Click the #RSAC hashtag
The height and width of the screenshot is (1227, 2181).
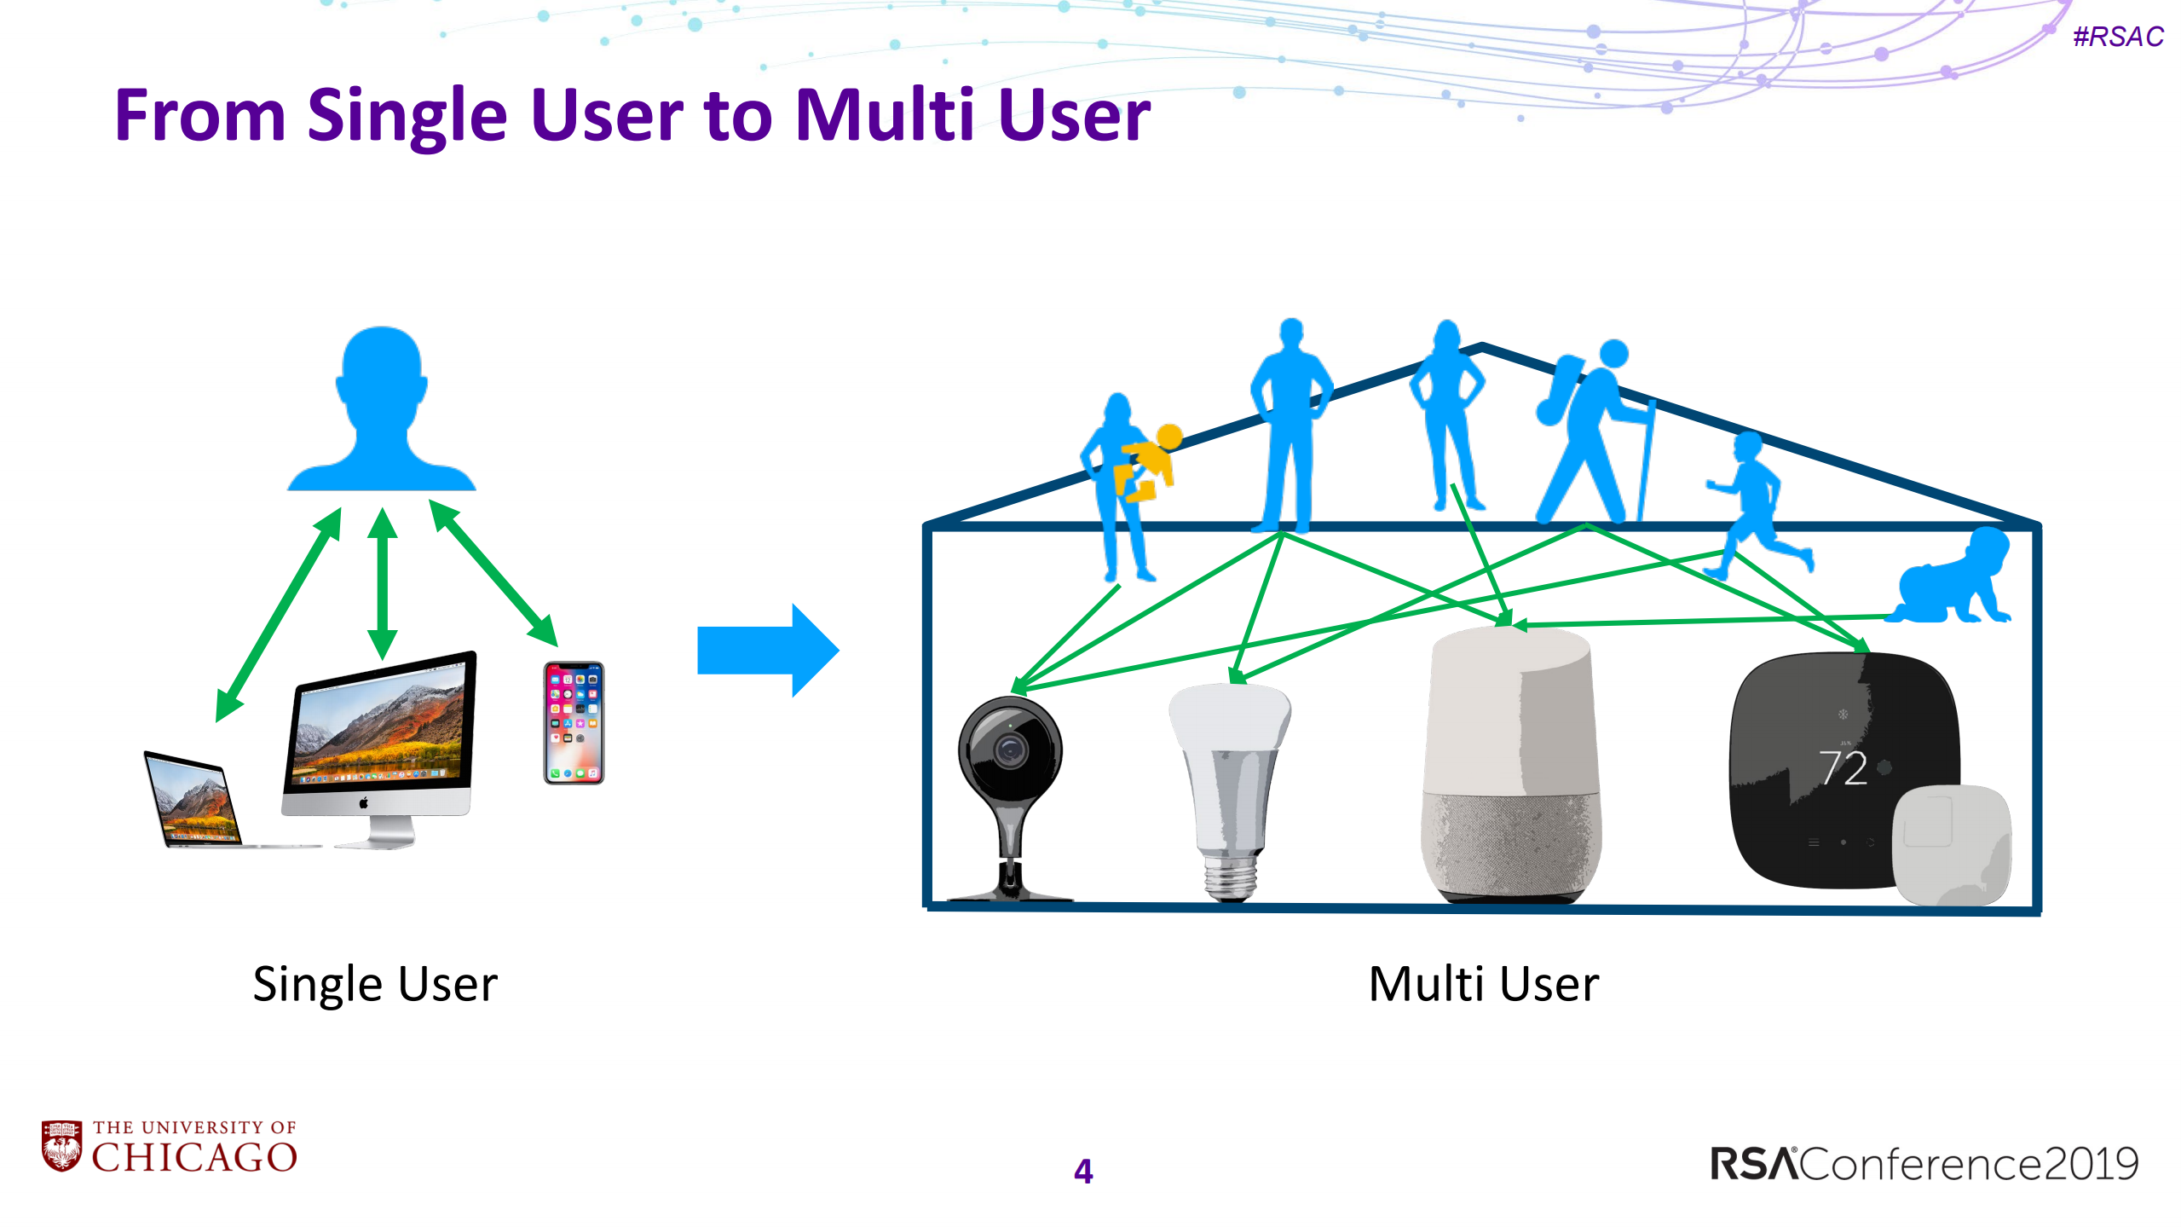tap(2117, 37)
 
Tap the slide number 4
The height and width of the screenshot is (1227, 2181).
tap(1082, 1171)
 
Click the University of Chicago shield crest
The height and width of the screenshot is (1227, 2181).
tap(61, 1146)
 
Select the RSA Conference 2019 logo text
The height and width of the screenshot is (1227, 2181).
tap(1924, 1164)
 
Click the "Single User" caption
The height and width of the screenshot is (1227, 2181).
tap(375, 984)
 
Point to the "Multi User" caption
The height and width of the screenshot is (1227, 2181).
tap(1483, 984)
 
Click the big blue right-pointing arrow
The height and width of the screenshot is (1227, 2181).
tap(767, 650)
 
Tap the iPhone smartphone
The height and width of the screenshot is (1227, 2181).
tap(574, 722)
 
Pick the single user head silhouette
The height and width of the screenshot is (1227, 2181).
tap(382, 409)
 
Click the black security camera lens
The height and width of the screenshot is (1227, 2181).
tap(1011, 750)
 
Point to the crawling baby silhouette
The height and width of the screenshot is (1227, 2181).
tap(1952, 580)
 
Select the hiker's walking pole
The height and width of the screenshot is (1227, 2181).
tap(1646, 460)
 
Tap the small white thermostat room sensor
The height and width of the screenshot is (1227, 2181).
tap(1952, 844)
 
